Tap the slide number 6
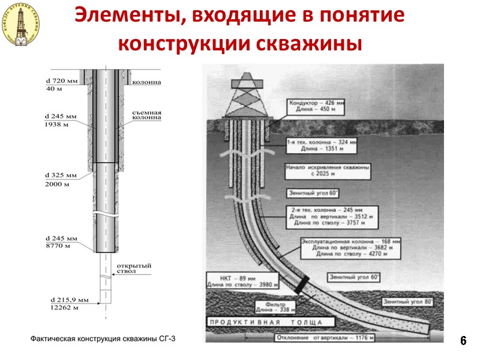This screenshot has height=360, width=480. point(463,340)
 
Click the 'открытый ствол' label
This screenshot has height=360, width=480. point(133,268)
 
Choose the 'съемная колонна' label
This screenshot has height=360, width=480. point(147,116)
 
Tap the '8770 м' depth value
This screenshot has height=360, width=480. point(58,246)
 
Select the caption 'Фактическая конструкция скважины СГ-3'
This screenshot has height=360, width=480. point(104,340)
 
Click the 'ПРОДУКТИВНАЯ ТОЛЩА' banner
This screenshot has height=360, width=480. point(264,323)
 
